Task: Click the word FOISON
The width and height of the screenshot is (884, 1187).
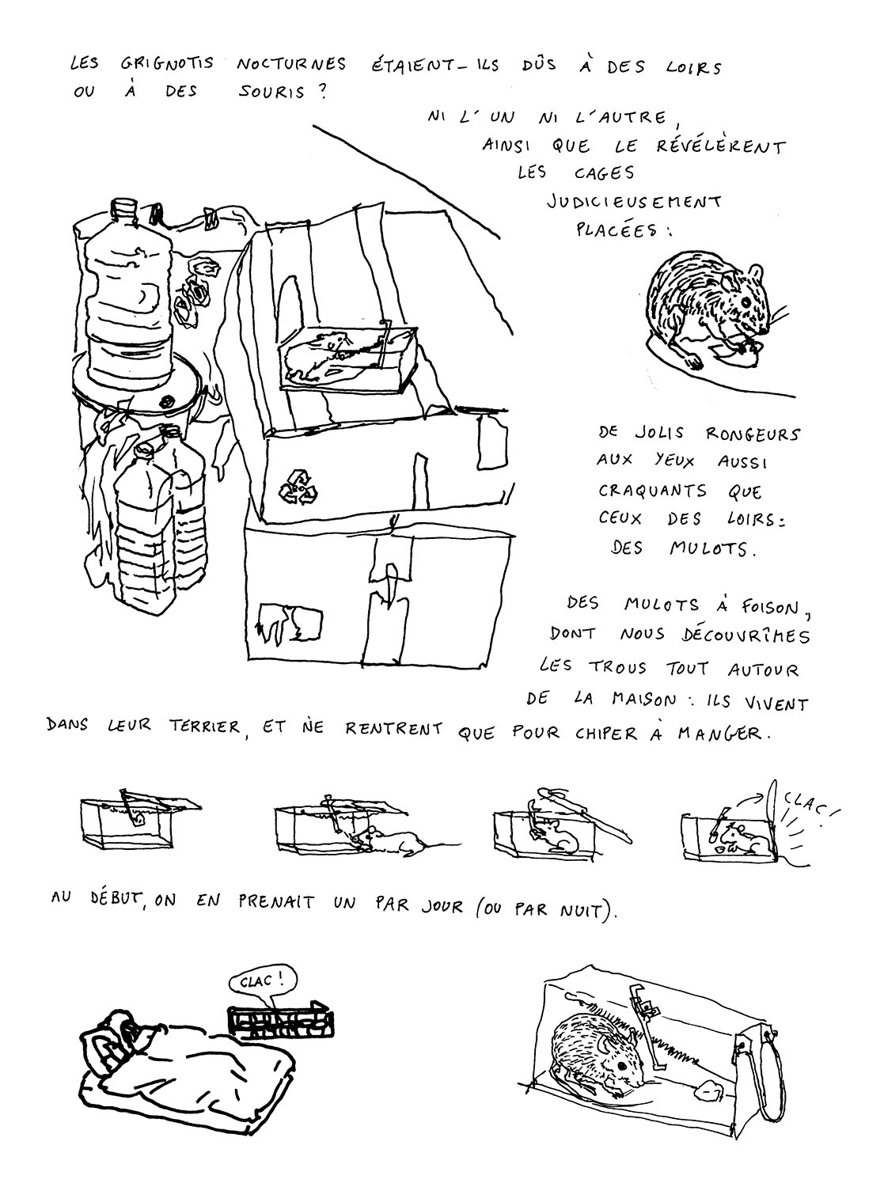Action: [763, 608]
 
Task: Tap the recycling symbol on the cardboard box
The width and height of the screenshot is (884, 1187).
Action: [298, 487]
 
